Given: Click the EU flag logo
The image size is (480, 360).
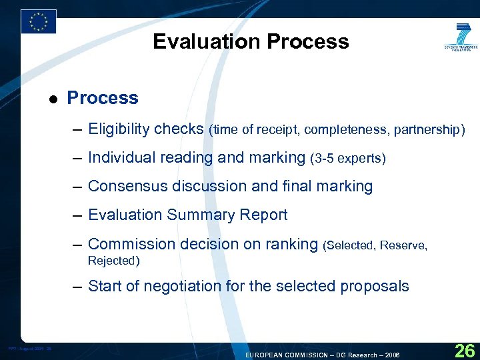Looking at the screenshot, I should pyautogui.click(x=38, y=21).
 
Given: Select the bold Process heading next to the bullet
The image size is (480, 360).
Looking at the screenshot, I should pyautogui.click(x=103, y=98).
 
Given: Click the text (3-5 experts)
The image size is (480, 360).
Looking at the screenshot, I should pyautogui.click(x=348, y=159).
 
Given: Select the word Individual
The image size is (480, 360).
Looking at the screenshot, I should pyautogui.click(x=118, y=158).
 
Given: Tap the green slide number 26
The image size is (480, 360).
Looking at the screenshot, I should pyautogui.click(x=464, y=349).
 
